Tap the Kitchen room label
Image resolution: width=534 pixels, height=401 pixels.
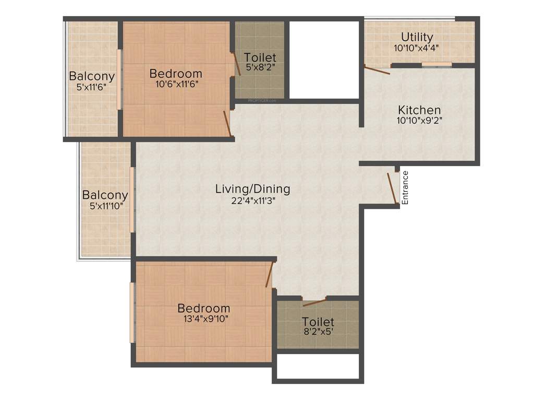[x=419, y=110]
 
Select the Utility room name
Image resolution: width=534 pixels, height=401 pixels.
[x=417, y=37]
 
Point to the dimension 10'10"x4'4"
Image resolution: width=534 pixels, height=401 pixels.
[x=417, y=48]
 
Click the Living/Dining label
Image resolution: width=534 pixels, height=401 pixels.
[x=252, y=189]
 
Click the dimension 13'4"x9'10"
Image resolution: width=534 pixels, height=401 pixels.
[x=203, y=318]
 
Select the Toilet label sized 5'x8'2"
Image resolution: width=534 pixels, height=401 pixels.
[x=260, y=57]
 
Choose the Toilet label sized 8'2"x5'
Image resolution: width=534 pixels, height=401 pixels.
[x=318, y=322]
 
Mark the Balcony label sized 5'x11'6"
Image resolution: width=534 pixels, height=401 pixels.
[x=92, y=76]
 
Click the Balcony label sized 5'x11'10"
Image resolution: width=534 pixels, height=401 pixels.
[x=105, y=195]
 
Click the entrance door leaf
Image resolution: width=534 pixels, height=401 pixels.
[x=392, y=187]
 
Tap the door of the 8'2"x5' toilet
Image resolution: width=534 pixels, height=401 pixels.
[x=314, y=302]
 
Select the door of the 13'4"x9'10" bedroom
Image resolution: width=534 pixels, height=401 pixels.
[x=269, y=275]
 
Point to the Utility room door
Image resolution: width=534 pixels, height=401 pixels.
[x=377, y=70]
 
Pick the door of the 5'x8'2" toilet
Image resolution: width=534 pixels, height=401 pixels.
[x=236, y=64]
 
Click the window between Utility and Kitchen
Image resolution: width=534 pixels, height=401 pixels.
[x=436, y=64]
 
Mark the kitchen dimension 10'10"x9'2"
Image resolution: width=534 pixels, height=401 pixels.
[x=419, y=120]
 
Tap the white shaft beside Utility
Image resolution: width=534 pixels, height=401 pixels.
[x=324, y=59]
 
